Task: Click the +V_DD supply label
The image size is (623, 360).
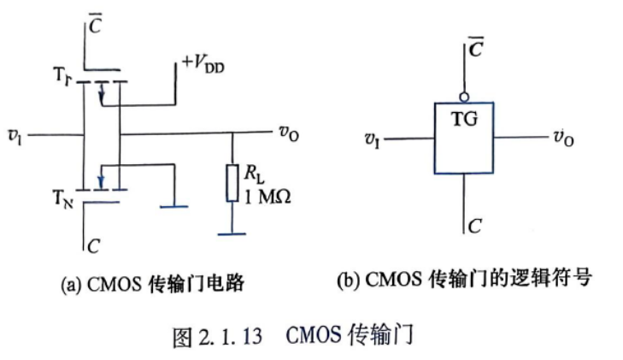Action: tap(203, 64)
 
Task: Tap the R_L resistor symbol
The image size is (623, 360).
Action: tap(232, 183)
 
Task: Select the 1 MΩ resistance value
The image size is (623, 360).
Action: tap(267, 197)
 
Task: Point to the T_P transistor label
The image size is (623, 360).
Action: tap(62, 75)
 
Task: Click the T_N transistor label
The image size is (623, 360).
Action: tap(63, 198)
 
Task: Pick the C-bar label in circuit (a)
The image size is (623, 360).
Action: tap(95, 24)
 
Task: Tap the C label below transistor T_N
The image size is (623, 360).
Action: tap(93, 246)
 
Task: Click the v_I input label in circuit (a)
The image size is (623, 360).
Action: tap(15, 137)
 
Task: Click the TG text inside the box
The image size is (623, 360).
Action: tap(464, 119)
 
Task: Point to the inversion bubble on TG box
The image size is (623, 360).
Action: tap(464, 97)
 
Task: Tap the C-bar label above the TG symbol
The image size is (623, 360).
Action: tap(476, 48)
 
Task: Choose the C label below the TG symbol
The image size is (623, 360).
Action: tap(475, 226)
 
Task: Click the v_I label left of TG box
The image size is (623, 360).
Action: tap(373, 140)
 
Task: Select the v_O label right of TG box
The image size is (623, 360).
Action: tap(563, 138)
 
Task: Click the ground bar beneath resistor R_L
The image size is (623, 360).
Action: tap(232, 234)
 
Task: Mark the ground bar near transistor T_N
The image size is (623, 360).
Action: tap(174, 207)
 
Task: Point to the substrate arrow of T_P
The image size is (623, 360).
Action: tap(102, 92)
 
